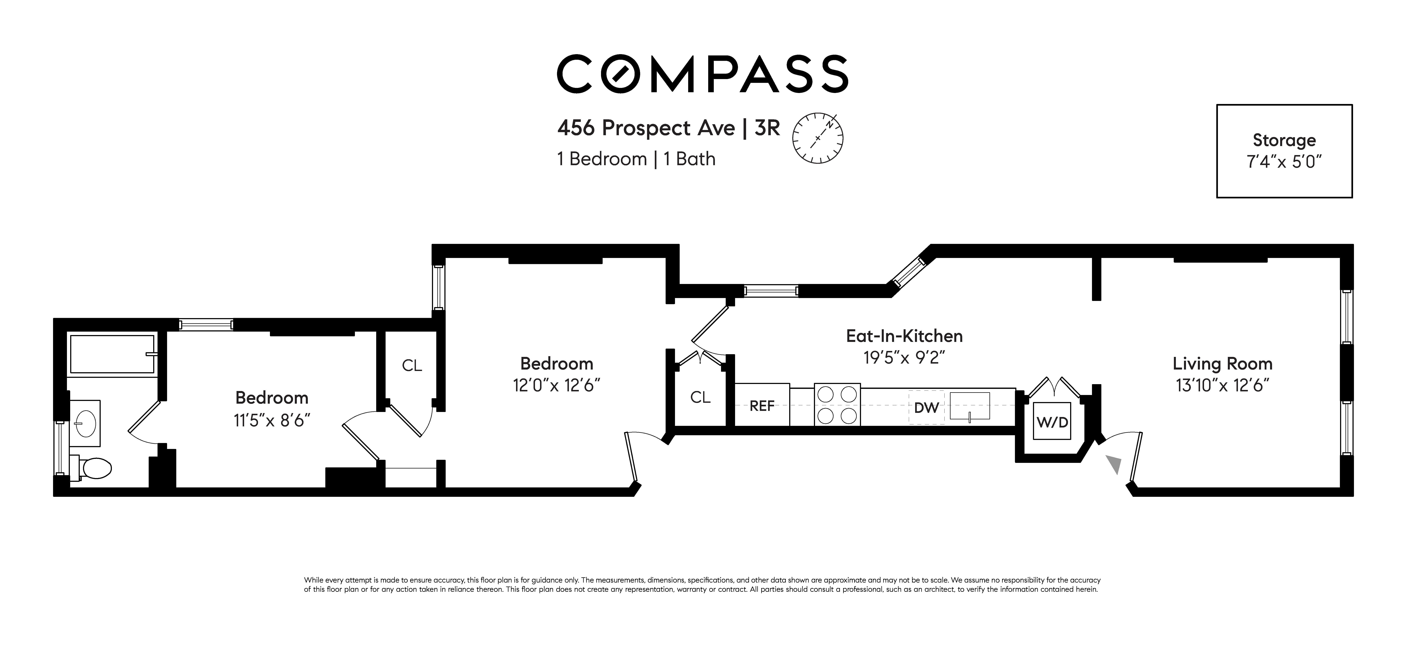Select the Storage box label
click(x=1284, y=140)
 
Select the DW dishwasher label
click(x=926, y=407)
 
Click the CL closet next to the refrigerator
click(x=700, y=397)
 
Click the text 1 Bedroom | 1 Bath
click(x=636, y=159)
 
